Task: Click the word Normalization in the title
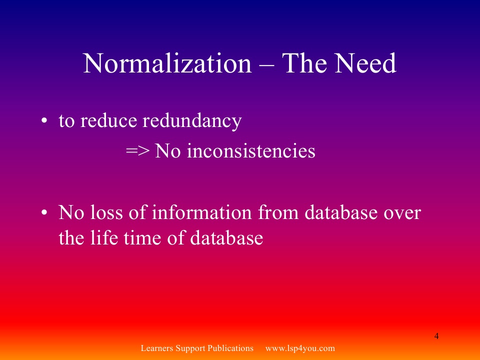[167, 63]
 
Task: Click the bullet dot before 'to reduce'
[44, 120]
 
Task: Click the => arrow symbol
[138, 151]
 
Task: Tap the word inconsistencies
[251, 150]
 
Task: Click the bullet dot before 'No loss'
[44, 212]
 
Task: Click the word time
[142, 238]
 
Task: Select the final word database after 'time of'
[226, 238]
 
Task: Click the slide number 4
[436, 336]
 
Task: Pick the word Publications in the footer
[230, 348]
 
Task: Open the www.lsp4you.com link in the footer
[300, 348]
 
